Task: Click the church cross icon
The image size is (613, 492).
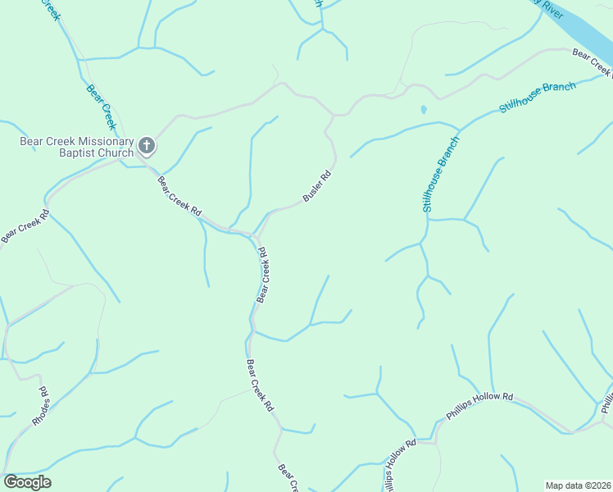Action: pyautogui.click(x=147, y=147)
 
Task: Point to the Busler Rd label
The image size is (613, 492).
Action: pyautogui.click(x=316, y=186)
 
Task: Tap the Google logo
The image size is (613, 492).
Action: pyautogui.click(x=27, y=482)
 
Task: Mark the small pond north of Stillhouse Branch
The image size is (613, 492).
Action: pyautogui.click(x=423, y=109)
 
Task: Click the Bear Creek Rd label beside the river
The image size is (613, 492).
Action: pyautogui.click(x=592, y=62)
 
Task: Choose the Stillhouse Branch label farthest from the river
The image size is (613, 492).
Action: pyautogui.click(x=441, y=175)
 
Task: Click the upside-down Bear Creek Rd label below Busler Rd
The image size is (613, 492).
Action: pyautogui.click(x=263, y=274)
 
